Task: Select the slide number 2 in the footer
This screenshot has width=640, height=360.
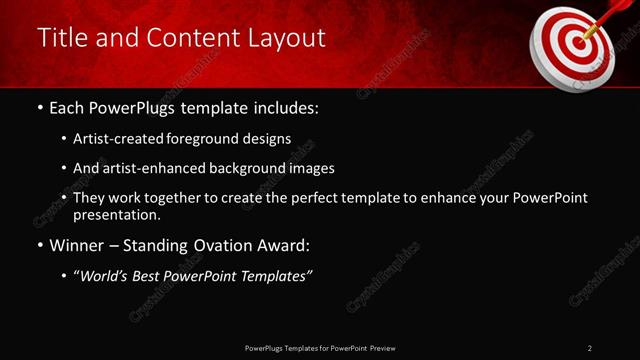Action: click(x=590, y=348)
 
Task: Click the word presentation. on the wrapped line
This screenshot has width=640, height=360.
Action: click(x=117, y=214)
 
